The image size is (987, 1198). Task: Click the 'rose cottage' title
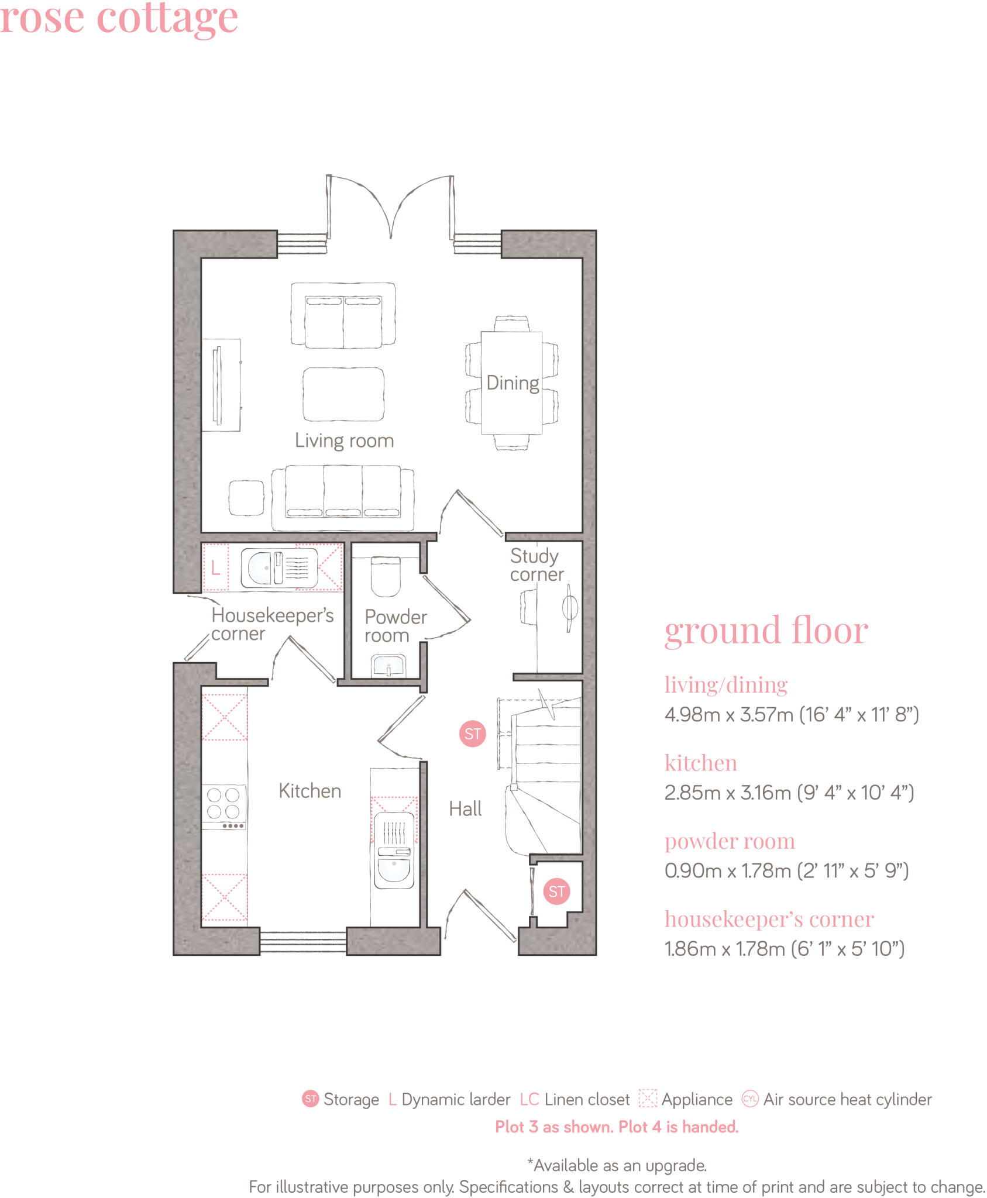tap(119, 18)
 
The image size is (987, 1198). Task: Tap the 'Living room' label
tap(344, 440)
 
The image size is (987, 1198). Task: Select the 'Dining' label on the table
tap(513, 383)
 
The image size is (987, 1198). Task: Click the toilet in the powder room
tap(386, 576)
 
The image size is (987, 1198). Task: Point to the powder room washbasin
tap(388, 666)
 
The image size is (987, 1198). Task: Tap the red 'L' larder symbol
tap(215, 567)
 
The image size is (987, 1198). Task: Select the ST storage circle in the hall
tap(472, 734)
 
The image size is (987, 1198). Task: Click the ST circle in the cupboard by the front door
tap(556, 891)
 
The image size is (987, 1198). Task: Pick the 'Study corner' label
tap(536, 564)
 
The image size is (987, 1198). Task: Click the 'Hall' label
tap(465, 809)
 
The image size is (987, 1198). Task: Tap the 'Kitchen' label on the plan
tap(309, 791)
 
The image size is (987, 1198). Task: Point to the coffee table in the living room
tap(343, 394)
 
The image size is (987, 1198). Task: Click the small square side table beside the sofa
tap(246, 498)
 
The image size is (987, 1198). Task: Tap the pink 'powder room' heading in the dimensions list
tap(730, 841)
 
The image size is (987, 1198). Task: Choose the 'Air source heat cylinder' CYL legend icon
tap(749, 1099)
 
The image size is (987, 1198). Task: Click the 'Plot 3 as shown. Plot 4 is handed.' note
tap(617, 1127)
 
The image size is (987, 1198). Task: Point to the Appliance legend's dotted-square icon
tap(647, 1098)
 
